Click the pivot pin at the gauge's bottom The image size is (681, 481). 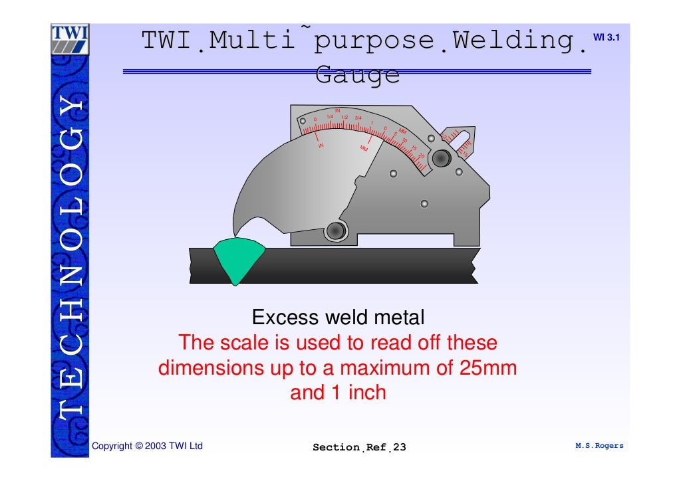pyautogui.click(x=336, y=231)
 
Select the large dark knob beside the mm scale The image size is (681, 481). pyautogui.click(x=440, y=158)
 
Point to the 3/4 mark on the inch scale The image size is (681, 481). pyautogui.click(x=358, y=118)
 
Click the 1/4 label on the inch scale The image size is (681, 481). pyautogui.click(x=329, y=117)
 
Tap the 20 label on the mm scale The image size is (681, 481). pyautogui.click(x=421, y=155)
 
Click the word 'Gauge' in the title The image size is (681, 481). pyautogui.click(x=357, y=75)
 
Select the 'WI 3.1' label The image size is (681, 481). pyautogui.click(x=606, y=37)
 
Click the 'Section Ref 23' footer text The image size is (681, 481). pyautogui.click(x=359, y=447)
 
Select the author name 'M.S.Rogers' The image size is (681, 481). pyautogui.click(x=599, y=446)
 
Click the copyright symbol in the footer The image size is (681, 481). pyautogui.click(x=139, y=446)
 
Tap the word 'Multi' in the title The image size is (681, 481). pyautogui.click(x=251, y=41)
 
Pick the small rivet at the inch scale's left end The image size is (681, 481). pyautogui.click(x=303, y=122)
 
